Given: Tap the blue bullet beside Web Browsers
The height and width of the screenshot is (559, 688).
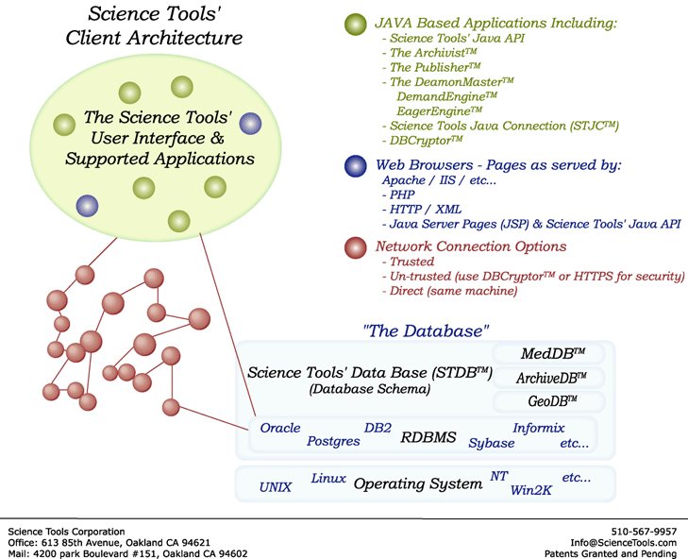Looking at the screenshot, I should point(356,166).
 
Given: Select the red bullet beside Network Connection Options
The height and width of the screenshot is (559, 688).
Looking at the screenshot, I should point(356,247).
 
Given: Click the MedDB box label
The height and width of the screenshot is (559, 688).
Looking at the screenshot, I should point(553,354).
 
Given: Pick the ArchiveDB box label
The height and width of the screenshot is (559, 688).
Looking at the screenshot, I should point(553,378).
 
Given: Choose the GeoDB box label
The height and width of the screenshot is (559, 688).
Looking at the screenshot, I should point(553,402).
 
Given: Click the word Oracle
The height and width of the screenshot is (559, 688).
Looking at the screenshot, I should point(280,428).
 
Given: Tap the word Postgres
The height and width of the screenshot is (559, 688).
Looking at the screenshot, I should point(333,442).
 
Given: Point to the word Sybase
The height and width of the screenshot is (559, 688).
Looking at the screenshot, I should point(492,443).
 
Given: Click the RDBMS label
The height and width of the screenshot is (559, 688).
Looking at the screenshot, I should point(428,438).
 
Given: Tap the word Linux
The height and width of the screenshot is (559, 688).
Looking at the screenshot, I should point(328,479).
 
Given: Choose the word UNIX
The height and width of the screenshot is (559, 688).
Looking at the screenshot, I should point(276,488).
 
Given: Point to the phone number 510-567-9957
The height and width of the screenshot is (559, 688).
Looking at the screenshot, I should point(646,532).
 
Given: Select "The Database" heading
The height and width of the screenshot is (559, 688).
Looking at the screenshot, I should point(427,331).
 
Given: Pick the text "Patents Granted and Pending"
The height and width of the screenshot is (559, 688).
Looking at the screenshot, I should point(611,554).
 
